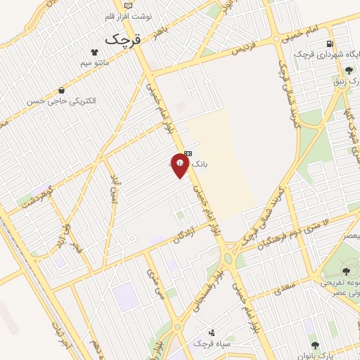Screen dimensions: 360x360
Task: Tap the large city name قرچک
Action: [123, 39]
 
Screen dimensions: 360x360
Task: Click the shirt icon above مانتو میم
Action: [94, 51]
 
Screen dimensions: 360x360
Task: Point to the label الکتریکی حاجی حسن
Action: [63, 101]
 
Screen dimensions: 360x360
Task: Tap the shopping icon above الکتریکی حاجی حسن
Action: [63, 90]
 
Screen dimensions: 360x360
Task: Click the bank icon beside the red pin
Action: [188, 153]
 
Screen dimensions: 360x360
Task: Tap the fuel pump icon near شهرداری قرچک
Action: [329, 44]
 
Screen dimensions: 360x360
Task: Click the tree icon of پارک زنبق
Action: [349, 70]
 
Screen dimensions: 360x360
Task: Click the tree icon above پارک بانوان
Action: [314, 345]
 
